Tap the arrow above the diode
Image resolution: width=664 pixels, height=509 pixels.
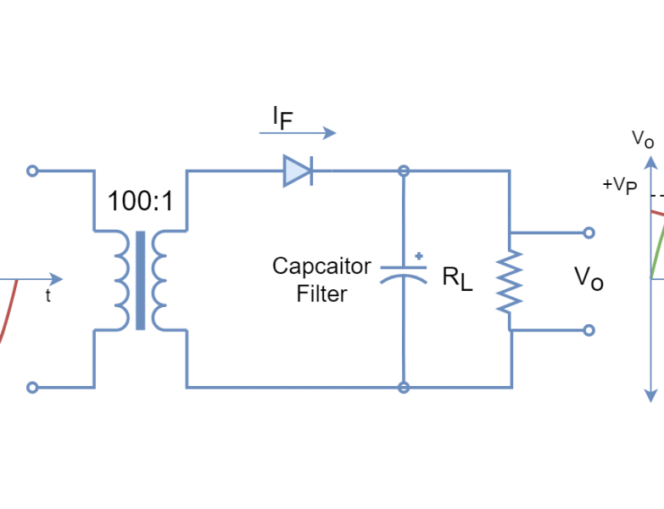click(x=298, y=132)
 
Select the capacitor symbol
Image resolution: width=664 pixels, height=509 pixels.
click(x=404, y=273)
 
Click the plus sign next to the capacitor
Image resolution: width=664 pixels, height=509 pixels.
click(x=419, y=255)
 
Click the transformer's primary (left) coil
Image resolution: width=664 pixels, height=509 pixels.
click(x=121, y=279)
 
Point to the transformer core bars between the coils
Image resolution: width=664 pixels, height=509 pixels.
click(x=141, y=279)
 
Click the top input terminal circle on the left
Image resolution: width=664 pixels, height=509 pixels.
click(x=32, y=171)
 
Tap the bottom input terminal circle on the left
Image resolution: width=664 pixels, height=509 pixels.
click(x=32, y=388)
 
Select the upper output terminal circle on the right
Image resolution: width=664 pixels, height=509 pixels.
click(x=589, y=232)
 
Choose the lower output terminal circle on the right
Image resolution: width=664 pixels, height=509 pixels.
click(x=589, y=330)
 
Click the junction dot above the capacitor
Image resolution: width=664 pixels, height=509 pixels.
click(x=404, y=171)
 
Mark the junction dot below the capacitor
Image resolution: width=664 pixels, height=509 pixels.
click(x=404, y=388)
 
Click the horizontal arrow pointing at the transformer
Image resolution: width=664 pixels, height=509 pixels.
click(x=34, y=279)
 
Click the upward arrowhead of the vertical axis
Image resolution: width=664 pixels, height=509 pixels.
click(x=650, y=163)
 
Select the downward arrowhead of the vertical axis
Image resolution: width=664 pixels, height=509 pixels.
click(x=650, y=394)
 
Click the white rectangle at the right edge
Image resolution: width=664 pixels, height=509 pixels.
click(x=657, y=327)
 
